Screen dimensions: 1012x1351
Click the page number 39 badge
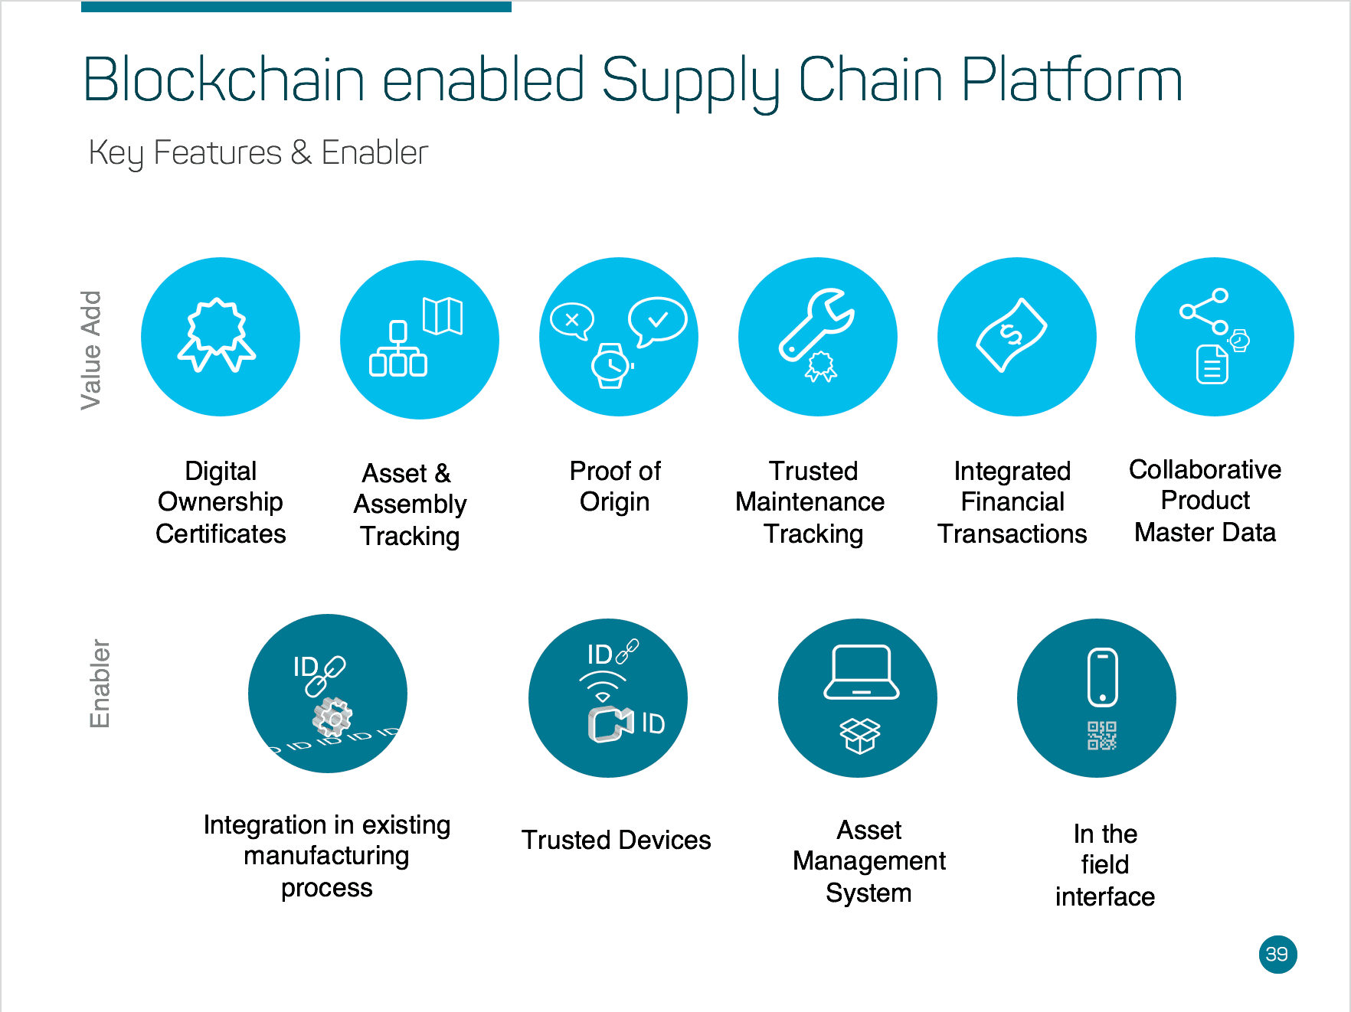click(1277, 955)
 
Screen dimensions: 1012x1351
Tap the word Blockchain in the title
click(223, 80)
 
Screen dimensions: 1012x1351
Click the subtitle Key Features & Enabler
click(258, 153)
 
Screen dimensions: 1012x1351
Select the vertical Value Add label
click(91, 350)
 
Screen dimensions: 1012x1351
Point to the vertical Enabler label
click(100, 683)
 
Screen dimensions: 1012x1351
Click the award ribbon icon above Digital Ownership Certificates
click(218, 335)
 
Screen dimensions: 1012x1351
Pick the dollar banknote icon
click(1011, 335)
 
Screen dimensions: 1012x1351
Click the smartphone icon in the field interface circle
click(1102, 677)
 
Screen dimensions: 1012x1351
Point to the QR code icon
click(1102, 736)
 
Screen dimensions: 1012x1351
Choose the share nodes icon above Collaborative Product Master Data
click(1205, 310)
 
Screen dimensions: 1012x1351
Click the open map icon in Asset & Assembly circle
click(443, 316)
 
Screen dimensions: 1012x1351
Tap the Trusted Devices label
click(616, 840)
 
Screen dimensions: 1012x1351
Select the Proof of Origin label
click(615, 486)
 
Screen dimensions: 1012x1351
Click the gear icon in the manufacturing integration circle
click(332, 717)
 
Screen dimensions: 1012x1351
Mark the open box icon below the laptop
click(860, 736)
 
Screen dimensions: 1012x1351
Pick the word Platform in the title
click(1071, 80)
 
